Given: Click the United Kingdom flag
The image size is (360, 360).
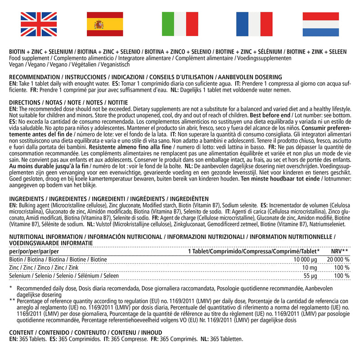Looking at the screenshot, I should point(32,24).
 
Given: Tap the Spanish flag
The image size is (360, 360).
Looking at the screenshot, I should point(104,24).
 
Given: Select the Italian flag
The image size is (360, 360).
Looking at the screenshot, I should point(180,24).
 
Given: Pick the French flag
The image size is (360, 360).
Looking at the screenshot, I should point(254,24).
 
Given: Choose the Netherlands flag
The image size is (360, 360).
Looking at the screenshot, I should point(327,24).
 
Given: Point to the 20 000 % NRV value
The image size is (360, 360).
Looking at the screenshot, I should point(338,260).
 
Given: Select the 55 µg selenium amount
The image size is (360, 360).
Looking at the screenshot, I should point(314,275).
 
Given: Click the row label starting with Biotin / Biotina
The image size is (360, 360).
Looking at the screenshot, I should point(58,260).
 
